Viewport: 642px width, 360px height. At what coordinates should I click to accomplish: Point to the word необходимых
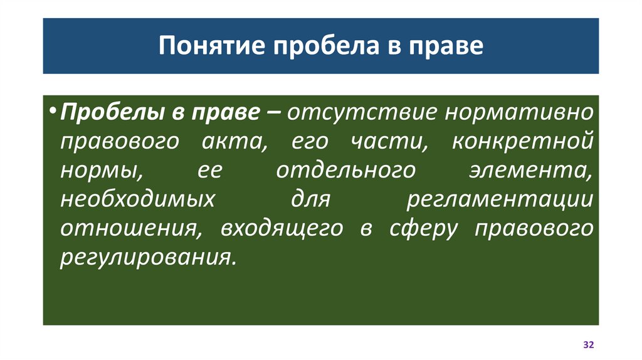135,200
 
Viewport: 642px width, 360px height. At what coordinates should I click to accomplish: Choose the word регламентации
500,200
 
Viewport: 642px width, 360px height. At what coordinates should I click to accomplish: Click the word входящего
282,229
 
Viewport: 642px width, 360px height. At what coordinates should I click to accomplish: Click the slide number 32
588,346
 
